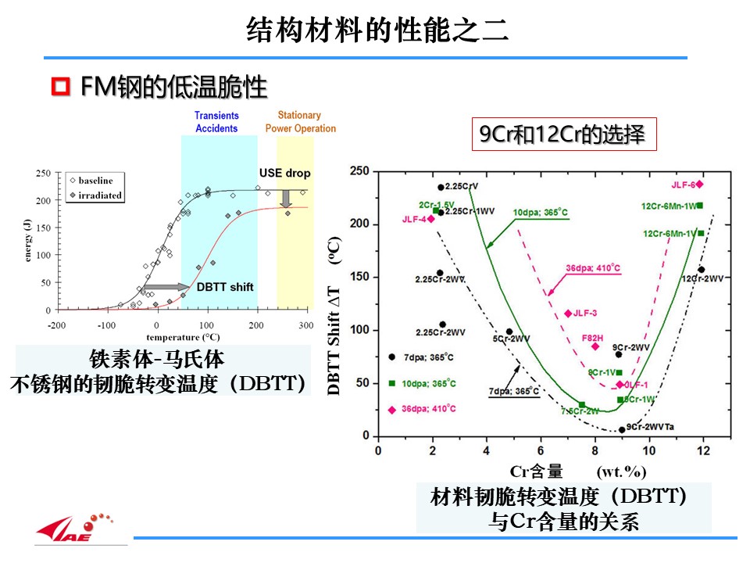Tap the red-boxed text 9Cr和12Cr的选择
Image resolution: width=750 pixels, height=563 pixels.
562,134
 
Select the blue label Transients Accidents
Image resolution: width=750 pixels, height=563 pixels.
217,122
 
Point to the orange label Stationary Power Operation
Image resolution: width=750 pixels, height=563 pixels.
300,122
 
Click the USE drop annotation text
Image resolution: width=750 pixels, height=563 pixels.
284,173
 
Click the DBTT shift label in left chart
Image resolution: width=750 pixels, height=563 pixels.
225,287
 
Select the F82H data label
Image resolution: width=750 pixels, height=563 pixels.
592,337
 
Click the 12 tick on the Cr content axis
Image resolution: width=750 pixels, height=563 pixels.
703,451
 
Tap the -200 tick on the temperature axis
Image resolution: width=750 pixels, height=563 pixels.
56,325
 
